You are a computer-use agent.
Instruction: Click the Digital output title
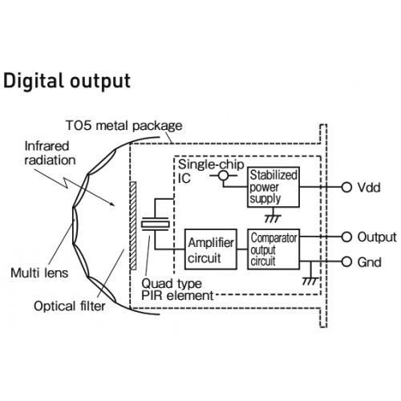pos(67,81)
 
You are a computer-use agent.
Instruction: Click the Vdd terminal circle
pos(346,187)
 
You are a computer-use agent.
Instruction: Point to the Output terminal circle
pos(346,237)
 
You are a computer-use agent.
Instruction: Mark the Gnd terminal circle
pos(346,261)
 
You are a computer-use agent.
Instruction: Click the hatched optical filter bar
pos(133,225)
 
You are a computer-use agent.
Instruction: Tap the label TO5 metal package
pos(124,125)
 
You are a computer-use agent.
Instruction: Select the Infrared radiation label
pos(50,153)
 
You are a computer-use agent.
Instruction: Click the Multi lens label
pos(39,273)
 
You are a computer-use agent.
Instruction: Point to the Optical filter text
pos(70,306)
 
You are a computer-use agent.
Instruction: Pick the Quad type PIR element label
pos(177,290)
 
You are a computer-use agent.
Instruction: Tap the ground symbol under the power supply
pos(273,217)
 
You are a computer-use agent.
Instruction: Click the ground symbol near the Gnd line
pos(310,281)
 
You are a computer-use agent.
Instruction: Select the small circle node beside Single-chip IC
pos(224,176)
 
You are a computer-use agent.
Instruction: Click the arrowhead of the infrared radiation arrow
pos(112,204)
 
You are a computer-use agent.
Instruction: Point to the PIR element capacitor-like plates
pos(155,224)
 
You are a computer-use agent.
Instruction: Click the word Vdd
pos(369,188)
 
